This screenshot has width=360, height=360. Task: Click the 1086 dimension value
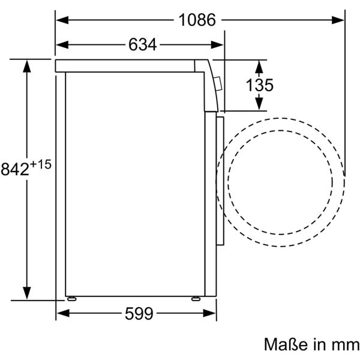tap(196, 20)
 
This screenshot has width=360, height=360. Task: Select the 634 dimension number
tap(142, 45)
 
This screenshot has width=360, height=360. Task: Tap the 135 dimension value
tap(260, 85)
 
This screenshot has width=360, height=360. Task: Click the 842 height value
tap(14, 170)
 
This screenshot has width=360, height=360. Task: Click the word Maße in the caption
tap(284, 344)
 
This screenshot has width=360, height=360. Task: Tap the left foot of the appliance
tap(72, 298)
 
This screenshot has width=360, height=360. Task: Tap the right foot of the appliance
tap(196, 298)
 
